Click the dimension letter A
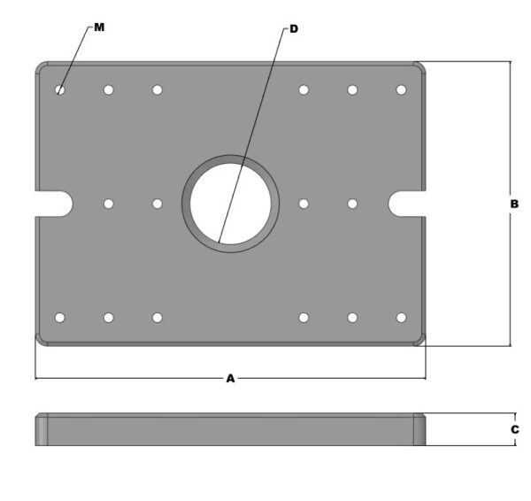tap(230, 378)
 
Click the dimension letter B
tap(514, 204)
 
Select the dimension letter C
tap(514, 429)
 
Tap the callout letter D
tap(294, 29)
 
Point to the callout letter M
tap(99, 27)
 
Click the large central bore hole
tap(230, 203)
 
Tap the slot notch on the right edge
tap(407, 203)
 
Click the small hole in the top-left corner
tap(60, 89)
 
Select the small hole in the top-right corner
tap(401, 89)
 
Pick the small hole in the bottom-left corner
tap(60, 317)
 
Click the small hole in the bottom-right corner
tap(401, 317)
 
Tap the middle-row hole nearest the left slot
tap(108, 204)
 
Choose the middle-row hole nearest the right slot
tap(352, 204)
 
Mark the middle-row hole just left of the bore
tap(157, 204)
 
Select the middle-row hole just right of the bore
tap(304, 204)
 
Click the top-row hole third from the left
tap(157, 89)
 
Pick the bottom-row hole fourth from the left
tap(304, 317)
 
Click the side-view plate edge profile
tap(230, 429)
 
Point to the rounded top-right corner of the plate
tap(419, 67)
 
